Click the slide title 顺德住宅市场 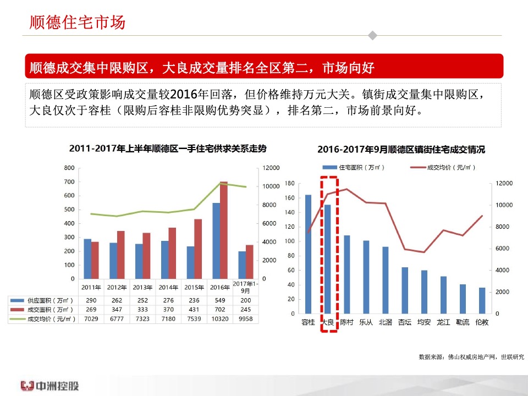pos(78,23)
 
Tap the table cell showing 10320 pos(220,318)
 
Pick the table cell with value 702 pos(220,310)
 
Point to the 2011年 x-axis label pos(91,287)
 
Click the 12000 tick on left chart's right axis pos(271,168)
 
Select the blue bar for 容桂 pos(308,254)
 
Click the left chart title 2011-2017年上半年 pos(168,148)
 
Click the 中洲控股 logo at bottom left pos(50,385)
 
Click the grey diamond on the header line pos(372,36)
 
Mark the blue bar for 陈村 pos(347,274)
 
